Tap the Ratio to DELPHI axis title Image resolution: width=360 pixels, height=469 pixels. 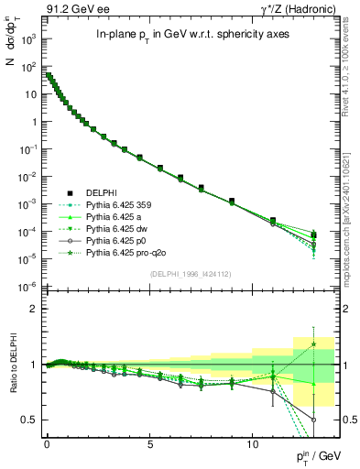[13, 365]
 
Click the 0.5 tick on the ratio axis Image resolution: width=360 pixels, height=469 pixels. [29, 420]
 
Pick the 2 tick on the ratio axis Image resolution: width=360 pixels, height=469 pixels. [34, 310]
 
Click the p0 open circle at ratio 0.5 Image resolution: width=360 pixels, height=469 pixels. [313, 420]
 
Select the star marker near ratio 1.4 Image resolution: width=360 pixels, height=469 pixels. [313, 344]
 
